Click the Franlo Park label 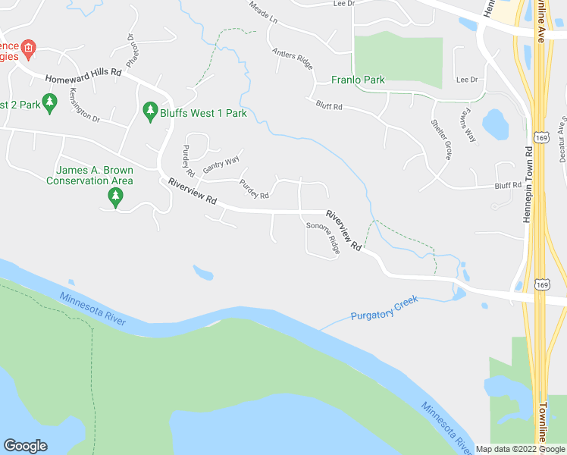pos(358,80)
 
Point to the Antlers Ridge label pos(292,58)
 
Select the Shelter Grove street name pos(440,139)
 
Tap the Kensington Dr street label pos(84,105)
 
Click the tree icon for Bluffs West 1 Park pos(150,112)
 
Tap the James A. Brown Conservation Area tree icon pos(115,198)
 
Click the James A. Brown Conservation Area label pos(89,175)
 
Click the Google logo pos(25,446)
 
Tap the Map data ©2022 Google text pos(520,449)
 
